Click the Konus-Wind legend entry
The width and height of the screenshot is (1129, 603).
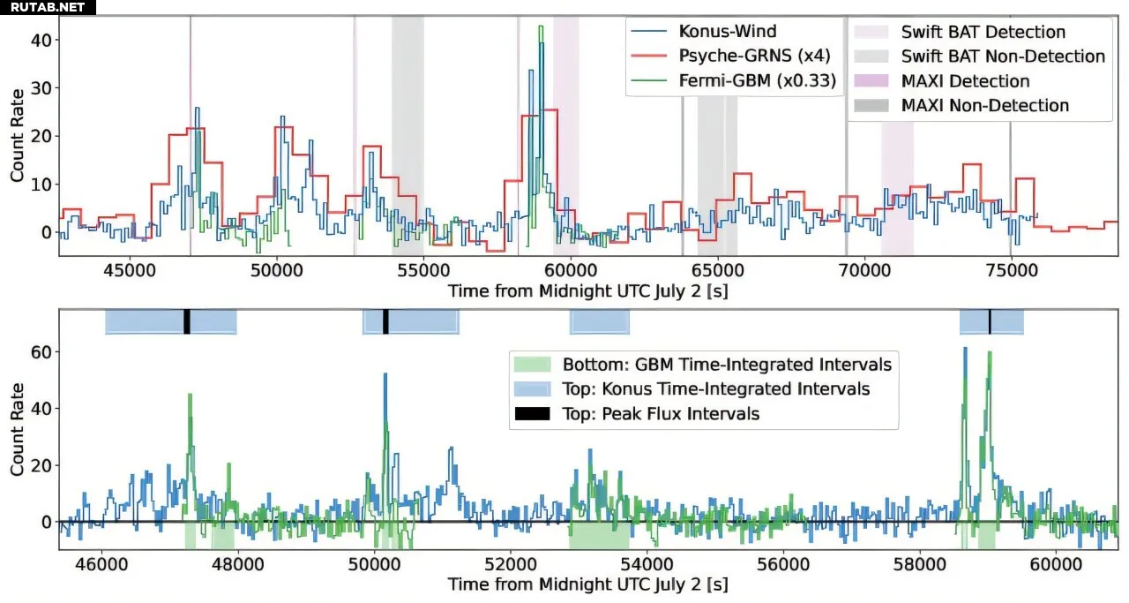click(727, 32)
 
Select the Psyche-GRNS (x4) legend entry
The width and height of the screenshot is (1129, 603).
click(753, 57)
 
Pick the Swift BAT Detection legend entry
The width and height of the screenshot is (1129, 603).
click(983, 32)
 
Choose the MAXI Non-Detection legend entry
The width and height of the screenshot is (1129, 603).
click(984, 106)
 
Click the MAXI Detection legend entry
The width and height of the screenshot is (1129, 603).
click(965, 81)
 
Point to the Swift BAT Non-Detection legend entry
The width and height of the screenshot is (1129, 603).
click(1003, 57)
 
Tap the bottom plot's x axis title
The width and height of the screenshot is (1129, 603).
click(587, 584)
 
